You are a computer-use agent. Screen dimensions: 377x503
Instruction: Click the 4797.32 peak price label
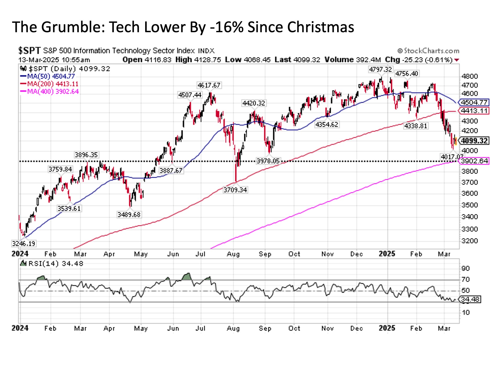pos(380,69)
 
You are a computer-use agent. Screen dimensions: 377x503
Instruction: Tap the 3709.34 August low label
pos(235,190)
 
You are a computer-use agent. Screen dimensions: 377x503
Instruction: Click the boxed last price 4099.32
pos(474,141)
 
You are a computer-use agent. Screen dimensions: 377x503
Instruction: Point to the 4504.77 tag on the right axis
pos(474,102)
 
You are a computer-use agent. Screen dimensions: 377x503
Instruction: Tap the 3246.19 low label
pos(24,243)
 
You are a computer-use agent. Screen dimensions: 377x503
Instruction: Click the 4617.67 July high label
pos(209,85)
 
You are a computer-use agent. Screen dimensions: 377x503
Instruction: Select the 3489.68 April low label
pos(129,215)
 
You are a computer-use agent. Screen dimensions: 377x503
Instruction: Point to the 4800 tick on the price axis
pos(469,76)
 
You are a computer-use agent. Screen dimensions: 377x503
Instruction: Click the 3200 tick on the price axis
pos(469,241)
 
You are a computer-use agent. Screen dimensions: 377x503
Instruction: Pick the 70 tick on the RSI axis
pos(466,280)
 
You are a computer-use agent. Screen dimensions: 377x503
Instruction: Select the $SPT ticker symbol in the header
pos(29,51)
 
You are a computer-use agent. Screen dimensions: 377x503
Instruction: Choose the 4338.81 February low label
pos(415,126)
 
